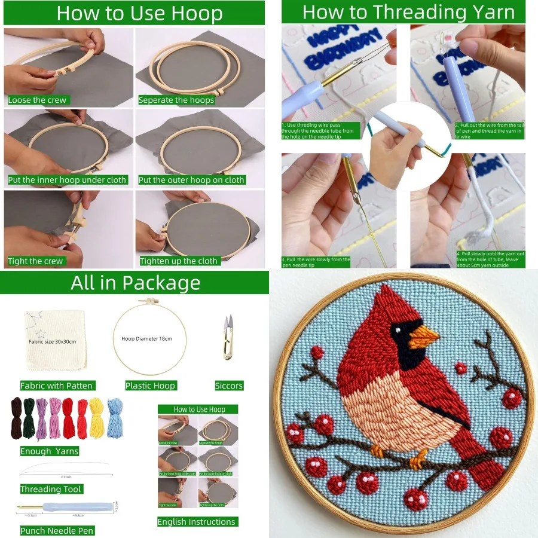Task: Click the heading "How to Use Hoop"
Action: [139, 13]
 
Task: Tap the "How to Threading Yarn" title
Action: [408, 12]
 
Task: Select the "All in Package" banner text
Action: [135, 283]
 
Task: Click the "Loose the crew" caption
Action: [37, 100]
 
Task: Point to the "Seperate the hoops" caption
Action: [176, 100]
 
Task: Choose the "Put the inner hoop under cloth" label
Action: [67, 179]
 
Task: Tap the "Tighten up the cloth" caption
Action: [179, 261]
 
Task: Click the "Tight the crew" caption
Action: [35, 261]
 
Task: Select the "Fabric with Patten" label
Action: [57, 386]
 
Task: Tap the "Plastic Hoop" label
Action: [150, 386]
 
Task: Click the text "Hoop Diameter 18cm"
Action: [146, 338]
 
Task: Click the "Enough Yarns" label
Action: [50, 451]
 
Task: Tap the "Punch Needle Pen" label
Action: [57, 530]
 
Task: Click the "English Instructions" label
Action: [196, 522]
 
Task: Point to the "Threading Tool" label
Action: [50, 489]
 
